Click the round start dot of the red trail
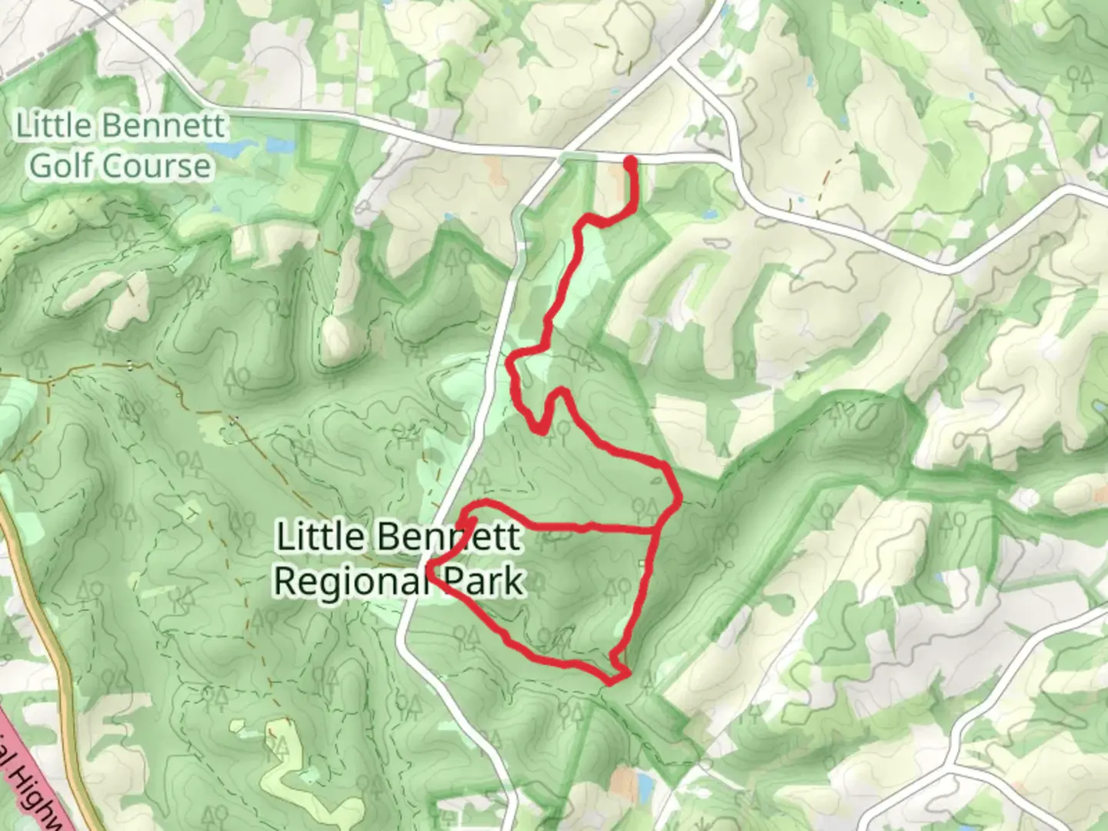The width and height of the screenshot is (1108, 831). (631, 162)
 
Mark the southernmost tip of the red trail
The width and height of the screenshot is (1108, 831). (612, 681)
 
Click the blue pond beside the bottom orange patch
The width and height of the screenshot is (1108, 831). (645, 785)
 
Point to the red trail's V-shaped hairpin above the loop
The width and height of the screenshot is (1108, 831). (543, 429)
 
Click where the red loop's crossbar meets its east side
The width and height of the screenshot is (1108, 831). (656, 530)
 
